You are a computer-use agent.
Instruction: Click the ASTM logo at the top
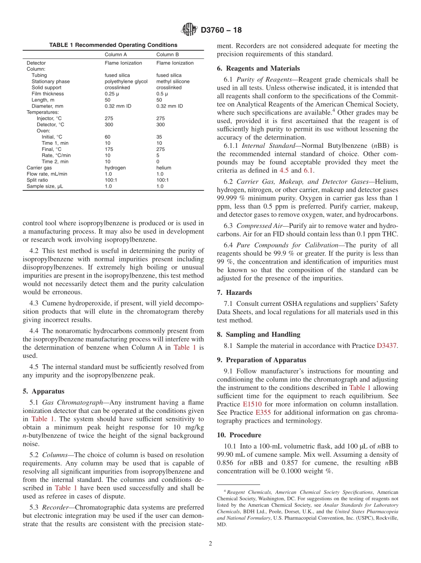(190, 30)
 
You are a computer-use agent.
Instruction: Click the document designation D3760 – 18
(221, 31)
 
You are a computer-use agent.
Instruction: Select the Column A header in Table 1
(116, 54)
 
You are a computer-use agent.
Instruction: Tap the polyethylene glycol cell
(126, 81)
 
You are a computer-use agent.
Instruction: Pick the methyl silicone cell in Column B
(173, 81)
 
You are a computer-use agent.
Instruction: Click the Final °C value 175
(109, 150)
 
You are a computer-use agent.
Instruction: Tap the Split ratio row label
(38, 181)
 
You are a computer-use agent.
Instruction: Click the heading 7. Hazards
(234, 293)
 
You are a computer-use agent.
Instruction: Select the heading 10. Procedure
(239, 435)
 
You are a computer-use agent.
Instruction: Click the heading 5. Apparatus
(43, 391)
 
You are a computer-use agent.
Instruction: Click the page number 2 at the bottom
(210, 544)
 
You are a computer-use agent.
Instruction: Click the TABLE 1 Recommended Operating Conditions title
(113, 45)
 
